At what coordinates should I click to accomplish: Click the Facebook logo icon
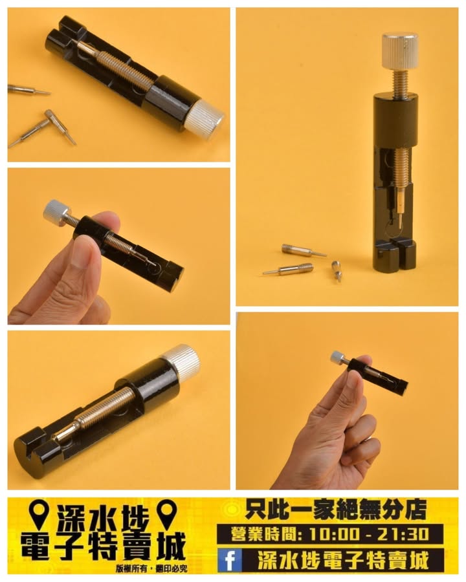[230, 560]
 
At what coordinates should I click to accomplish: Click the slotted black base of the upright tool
[395, 256]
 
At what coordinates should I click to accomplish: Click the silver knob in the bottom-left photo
[183, 360]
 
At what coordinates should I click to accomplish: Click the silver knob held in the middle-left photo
[56, 210]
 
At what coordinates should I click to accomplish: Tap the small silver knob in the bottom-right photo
[337, 357]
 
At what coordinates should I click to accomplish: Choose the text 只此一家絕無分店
[335, 510]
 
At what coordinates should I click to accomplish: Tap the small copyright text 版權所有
[131, 568]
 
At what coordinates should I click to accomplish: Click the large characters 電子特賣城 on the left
[103, 546]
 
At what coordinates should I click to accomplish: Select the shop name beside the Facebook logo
[344, 561]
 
